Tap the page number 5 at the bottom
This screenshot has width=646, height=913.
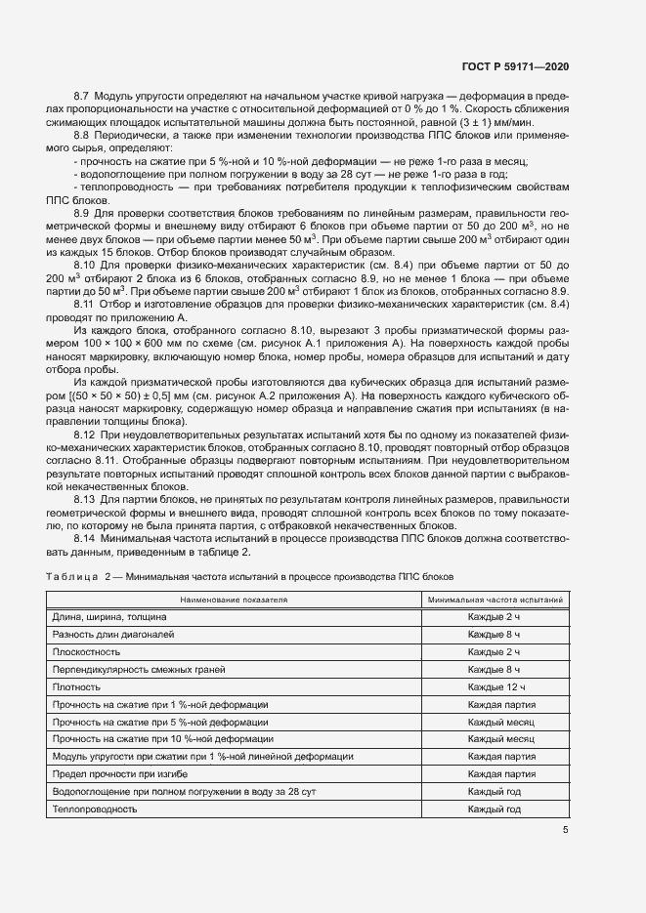point(566,830)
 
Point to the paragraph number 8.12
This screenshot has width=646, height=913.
point(85,434)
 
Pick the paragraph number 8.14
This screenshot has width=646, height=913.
point(85,538)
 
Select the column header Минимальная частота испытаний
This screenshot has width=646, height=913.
point(494,600)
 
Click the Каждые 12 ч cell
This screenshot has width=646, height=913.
point(495,687)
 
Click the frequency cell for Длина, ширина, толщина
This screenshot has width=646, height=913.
point(494,617)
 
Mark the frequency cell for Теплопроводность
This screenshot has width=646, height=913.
point(494,809)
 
